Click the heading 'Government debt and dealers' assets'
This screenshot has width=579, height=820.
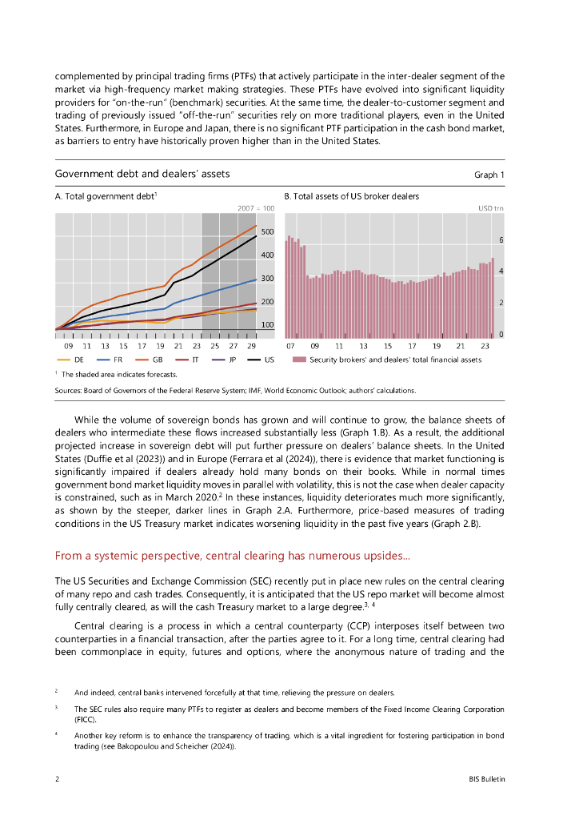pyautogui.click(x=142, y=174)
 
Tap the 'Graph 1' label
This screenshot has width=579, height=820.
pyautogui.click(x=489, y=175)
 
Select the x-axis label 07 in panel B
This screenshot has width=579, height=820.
pyautogui.click(x=290, y=346)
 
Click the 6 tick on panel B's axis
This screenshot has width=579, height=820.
pyautogui.click(x=501, y=240)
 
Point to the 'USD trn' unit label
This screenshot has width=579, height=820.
pyautogui.click(x=491, y=208)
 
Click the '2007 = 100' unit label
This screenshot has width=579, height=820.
pyautogui.click(x=256, y=208)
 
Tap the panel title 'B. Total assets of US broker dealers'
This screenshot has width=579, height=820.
pyautogui.click(x=351, y=196)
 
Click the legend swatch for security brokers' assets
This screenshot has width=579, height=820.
pyautogui.click(x=299, y=360)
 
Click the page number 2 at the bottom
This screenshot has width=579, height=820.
pyautogui.click(x=57, y=779)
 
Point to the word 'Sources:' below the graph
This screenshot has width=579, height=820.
pyautogui.click(x=70, y=390)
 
